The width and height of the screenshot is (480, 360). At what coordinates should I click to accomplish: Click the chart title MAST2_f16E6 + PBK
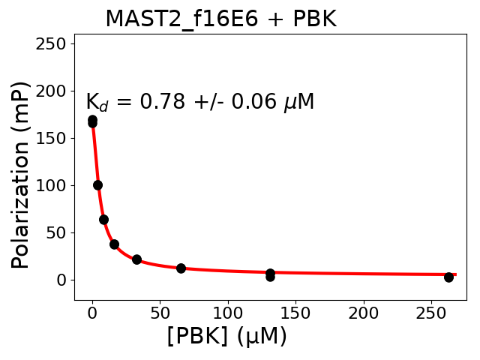(x=220, y=19)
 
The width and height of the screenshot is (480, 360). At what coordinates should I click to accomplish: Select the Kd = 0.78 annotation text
(x=199, y=102)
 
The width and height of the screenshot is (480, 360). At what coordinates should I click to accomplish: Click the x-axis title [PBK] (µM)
(x=226, y=337)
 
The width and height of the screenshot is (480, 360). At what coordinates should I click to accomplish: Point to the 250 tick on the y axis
(x=54, y=43)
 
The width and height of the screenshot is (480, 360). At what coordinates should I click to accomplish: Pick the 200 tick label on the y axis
(x=54, y=91)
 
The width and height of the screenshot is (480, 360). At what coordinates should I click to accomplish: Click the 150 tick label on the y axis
(x=54, y=138)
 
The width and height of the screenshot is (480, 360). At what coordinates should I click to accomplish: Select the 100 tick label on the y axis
(x=54, y=185)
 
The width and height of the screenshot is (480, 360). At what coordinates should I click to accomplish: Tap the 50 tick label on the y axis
(x=58, y=232)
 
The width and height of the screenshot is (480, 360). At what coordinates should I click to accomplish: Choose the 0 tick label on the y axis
(x=63, y=280)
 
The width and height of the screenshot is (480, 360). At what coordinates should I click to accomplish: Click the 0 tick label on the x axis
(x=92, y=312)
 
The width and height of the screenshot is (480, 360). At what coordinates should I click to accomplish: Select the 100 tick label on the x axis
(x=228, y=312)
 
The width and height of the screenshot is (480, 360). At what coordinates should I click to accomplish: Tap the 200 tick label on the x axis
(x=364, y=312)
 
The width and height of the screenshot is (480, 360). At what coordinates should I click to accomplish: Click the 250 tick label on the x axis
(x=432, y=312)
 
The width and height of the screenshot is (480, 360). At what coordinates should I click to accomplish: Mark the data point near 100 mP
(x=97, y=185)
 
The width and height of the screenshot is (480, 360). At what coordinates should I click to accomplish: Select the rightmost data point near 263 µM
(x=448, y=277)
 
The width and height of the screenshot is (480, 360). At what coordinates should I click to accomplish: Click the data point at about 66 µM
(x=181, y=268)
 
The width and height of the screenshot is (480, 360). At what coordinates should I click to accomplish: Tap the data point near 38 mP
(x=114, y=244)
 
